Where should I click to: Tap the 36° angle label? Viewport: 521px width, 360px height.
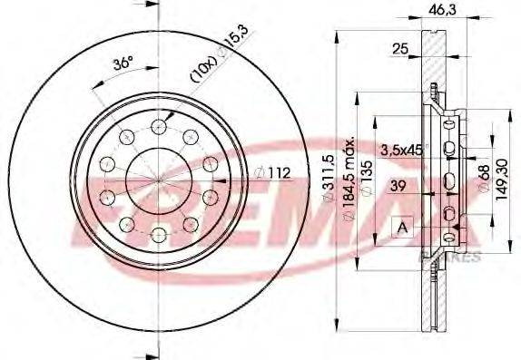[x=122, y=64]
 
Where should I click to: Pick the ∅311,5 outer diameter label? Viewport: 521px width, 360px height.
[x=329, y=180]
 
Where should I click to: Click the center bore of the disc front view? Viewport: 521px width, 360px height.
[x=159, y=180]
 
